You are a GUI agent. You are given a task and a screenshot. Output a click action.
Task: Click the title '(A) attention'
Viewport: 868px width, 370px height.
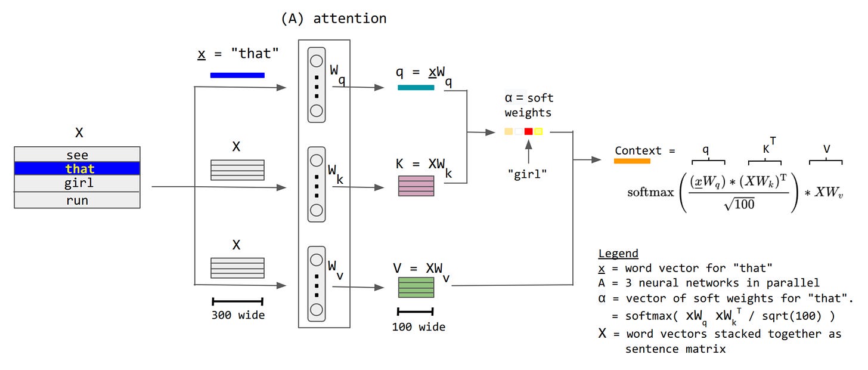tap(334, 18)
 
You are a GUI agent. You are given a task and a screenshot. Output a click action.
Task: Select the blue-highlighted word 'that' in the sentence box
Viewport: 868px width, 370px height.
tap(80, 169)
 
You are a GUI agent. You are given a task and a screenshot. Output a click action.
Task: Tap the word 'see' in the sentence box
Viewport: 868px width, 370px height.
tap(77, 155)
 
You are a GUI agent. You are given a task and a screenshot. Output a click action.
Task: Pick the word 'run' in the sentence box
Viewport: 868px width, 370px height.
tap(77, 201)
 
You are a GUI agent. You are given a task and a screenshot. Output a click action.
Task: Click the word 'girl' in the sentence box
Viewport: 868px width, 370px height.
tap(79, 183)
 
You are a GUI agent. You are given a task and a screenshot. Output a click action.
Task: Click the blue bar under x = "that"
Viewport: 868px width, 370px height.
tap(237, 75)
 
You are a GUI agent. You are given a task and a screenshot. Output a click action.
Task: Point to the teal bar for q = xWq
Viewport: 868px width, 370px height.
tap(416, 87)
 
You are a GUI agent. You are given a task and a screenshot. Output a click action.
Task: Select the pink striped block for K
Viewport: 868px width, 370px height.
tap(416, 186)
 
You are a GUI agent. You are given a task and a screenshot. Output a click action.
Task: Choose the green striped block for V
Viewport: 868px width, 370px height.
tap(416, 288)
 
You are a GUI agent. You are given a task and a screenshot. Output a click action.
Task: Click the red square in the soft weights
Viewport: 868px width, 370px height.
tap(529, 131)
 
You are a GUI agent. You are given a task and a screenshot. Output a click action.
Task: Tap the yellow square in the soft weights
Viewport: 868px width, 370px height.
tap(538, 131)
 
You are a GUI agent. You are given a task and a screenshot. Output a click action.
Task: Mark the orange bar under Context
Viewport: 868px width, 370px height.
tap(632, 161)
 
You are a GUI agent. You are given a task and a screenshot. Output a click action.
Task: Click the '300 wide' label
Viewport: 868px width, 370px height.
tap(238, 315)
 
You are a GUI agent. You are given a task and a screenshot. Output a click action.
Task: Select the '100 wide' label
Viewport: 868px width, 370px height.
tap(418, 327)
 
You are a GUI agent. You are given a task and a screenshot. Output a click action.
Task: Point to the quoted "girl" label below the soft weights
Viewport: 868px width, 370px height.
tap(528, 174)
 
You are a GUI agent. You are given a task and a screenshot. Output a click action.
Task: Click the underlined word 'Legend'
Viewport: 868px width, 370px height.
tap(618, 253)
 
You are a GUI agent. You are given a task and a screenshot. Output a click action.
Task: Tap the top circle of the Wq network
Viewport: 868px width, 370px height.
tap(317, 61)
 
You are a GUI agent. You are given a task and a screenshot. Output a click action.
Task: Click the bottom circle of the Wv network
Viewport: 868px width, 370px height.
tap(317, 310)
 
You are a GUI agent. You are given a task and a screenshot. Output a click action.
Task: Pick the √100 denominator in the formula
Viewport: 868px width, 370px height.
tap(739, 203)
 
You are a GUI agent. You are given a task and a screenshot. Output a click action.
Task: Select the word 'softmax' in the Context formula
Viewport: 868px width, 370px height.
tap(650, 192)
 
